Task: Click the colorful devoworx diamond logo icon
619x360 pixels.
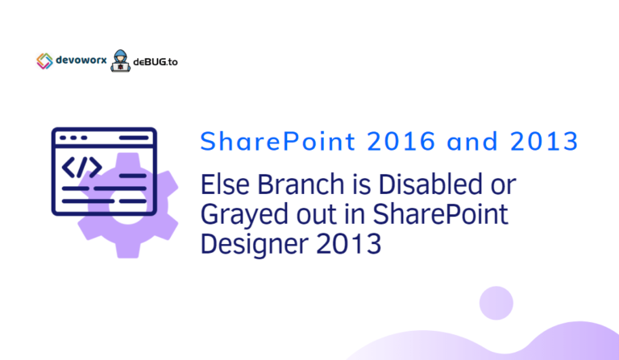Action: coord(44,60)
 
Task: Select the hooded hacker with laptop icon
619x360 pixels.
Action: coord(119,59)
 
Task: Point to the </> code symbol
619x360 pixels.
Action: coord(82,167)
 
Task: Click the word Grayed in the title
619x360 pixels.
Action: coord(239,215)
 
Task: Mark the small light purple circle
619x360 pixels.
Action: coord(496,303)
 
